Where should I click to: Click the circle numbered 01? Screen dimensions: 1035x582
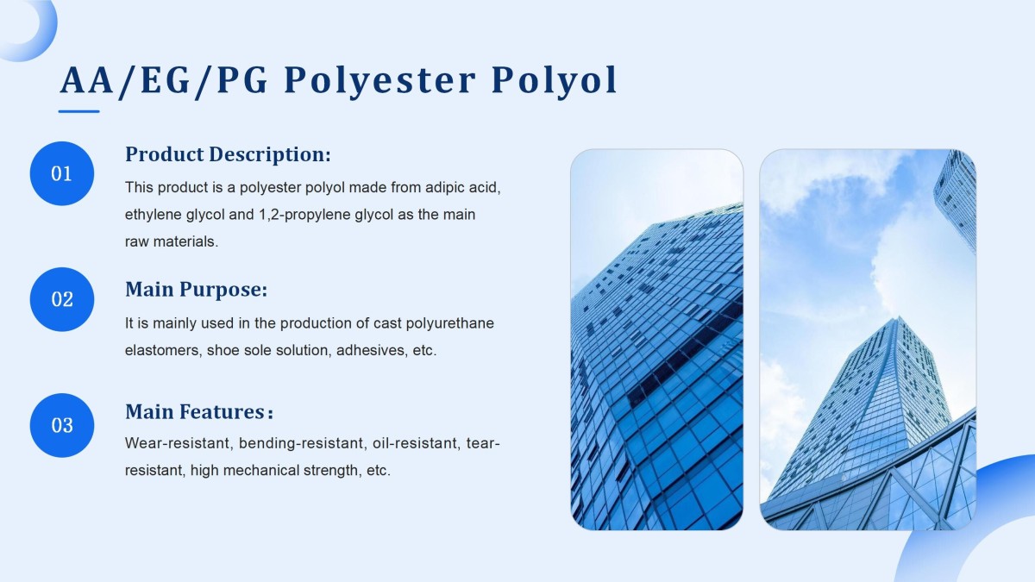tap(62, 173)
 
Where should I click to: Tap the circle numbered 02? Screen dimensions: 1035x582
tap(62, 299)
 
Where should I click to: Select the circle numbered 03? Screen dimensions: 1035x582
tap(62, 425)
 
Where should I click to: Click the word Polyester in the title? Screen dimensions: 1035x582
tap(379, 81)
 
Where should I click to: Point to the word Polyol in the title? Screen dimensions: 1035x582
tap(554, 81)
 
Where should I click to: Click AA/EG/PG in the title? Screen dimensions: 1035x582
tap(165, 81)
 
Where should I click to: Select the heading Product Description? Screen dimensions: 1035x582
tap(228, 154)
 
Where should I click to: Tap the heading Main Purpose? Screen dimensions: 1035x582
tap(197, 290)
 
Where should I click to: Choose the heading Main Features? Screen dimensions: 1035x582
tap(195, 411)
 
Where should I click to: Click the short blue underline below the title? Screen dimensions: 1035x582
tap(79, 111)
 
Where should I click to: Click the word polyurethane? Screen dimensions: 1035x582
tap(449, 323)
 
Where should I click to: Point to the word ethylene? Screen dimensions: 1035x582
tap(154, 215)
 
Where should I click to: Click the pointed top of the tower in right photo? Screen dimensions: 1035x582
tap(899, 317)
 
